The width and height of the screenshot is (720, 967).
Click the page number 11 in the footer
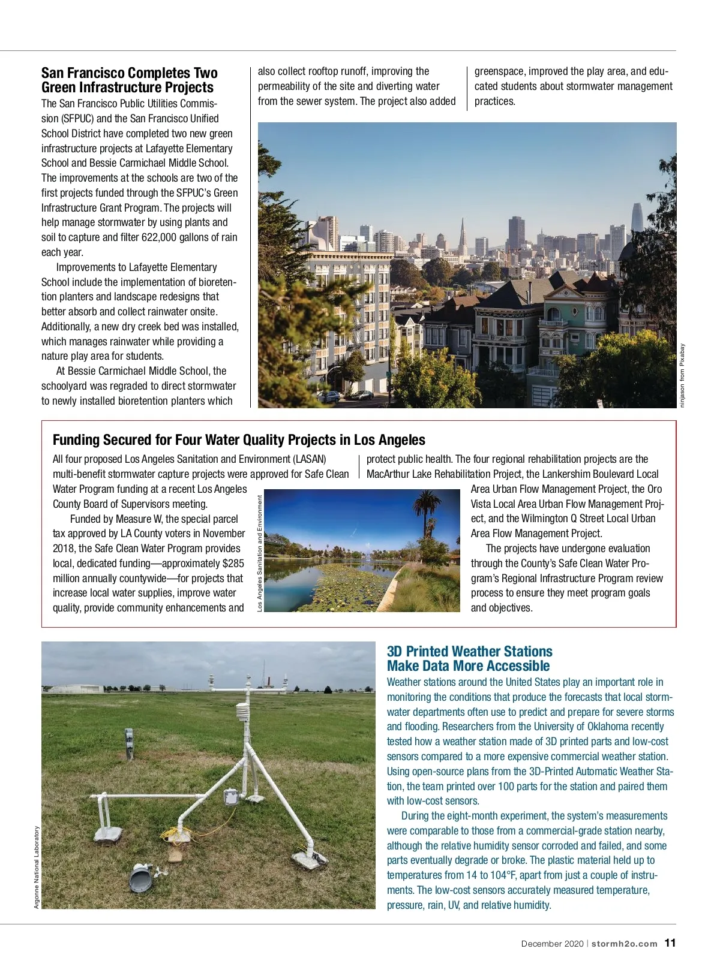click(670, 943)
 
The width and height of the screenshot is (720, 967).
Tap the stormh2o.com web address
click(624, 944)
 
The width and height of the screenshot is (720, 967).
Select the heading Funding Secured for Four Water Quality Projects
click(239, 440)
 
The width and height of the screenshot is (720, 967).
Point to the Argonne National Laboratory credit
click(37, 867)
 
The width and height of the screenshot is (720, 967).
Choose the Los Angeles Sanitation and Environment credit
click(260, 553)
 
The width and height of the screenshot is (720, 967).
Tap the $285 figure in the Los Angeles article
click(233, 564)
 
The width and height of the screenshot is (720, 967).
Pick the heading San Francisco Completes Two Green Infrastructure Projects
click(129, 80)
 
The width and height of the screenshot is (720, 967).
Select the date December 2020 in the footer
click(551, 944)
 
